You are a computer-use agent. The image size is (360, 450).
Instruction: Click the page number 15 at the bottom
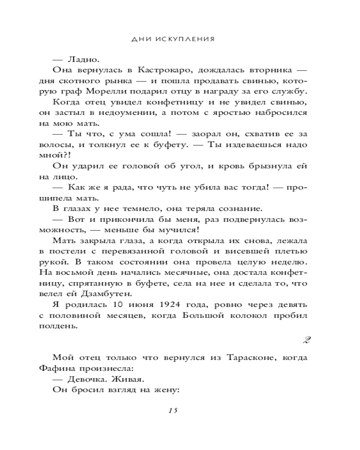[174, 410]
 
